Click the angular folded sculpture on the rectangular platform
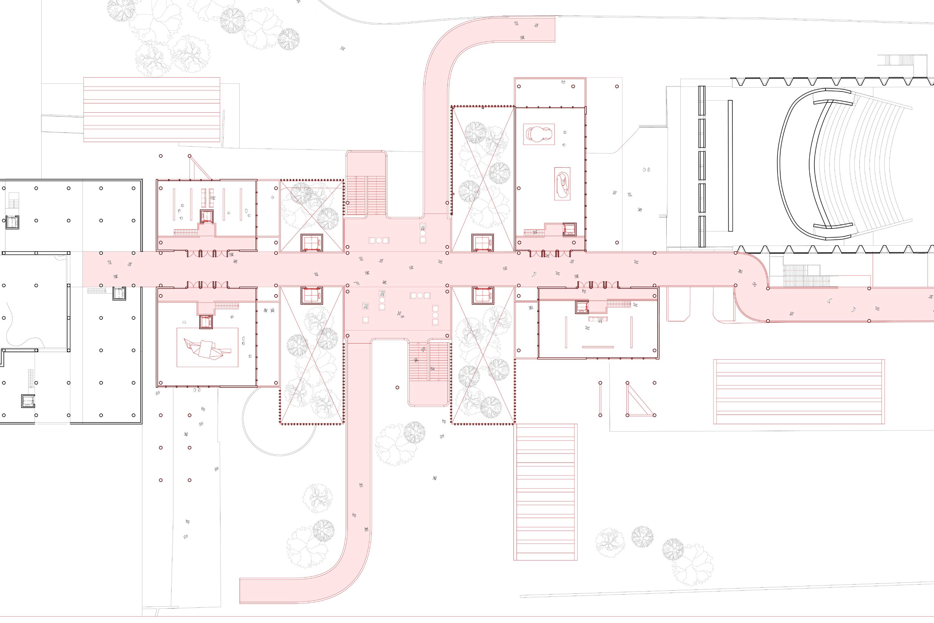(x=207, y=348)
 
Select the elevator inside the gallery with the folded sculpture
(x=206, y=322)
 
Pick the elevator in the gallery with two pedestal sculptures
(x=570, y=229)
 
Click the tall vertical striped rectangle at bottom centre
(x=546, y=492)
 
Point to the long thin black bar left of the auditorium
(x=730, y=166)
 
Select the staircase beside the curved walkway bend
(x=806, y=275)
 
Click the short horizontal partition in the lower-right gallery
(x=598, y=347)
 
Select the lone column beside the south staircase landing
(x=397, y=387)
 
